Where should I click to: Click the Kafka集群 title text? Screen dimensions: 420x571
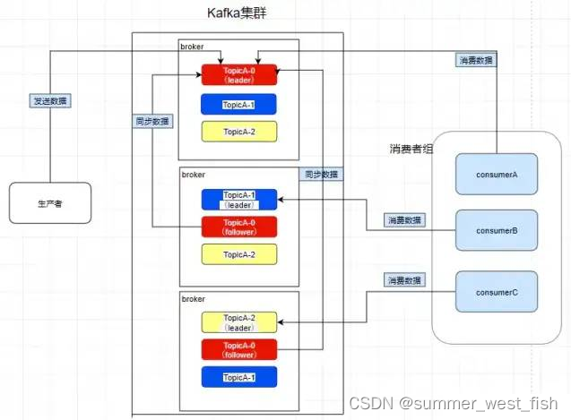point(238,13)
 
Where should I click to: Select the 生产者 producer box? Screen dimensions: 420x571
point(50,203)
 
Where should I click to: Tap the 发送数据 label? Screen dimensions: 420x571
point(49,101)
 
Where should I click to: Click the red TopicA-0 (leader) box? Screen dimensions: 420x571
point(239,74)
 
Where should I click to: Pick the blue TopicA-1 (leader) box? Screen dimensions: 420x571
point(239,199)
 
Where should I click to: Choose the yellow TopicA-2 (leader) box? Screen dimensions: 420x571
point(239,322)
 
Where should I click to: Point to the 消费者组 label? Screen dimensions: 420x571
point(411,148)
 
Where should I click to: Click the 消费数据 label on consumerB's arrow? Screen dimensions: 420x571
point(405,219)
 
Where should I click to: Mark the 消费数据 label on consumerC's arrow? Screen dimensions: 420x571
point(404,280)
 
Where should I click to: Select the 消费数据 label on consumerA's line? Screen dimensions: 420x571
point(475,61)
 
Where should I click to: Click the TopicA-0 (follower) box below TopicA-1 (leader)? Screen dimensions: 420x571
point(239,227)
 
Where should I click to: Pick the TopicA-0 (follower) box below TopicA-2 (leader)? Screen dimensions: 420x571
point(239,349)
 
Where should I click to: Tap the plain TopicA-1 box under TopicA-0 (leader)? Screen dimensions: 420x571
point(239,105)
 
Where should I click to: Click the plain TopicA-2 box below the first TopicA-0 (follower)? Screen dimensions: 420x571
point(239,254)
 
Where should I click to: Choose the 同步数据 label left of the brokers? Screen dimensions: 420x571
point(152,121)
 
